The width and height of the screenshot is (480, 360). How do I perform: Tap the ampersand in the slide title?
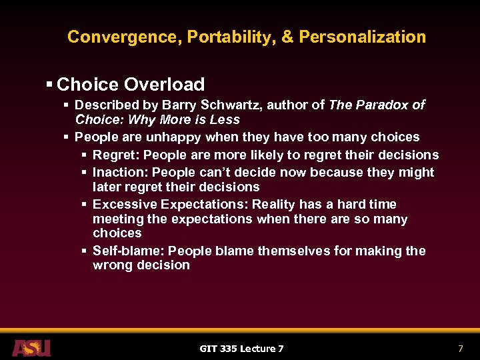pos(287,37)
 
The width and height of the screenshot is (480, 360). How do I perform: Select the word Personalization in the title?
pos(362,37)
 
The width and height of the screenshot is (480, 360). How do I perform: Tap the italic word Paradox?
pos(383,105)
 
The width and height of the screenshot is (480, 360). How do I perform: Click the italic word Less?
pos(226,120)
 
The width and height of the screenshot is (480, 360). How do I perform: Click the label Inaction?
pos(117,173)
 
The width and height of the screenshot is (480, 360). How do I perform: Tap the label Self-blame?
pos(129,251)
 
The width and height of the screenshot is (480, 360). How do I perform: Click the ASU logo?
pos(31,347)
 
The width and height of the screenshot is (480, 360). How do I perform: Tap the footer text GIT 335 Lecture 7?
pos(241,349)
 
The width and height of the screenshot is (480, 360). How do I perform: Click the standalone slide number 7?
pos(460,349)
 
